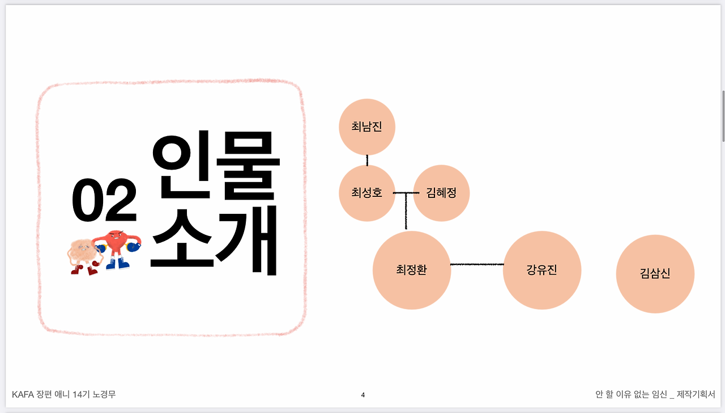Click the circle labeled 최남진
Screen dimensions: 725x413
coord(366,127)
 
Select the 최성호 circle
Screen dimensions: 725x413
coord(366,193)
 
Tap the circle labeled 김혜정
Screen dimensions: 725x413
coord(441,193)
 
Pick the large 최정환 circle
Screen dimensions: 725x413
coord(412,270)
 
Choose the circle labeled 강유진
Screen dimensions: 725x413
coord(542,270)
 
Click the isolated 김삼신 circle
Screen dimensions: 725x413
coord(655,274)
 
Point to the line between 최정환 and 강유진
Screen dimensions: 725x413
coord(477,264)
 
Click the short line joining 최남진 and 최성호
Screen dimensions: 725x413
coord(367,160)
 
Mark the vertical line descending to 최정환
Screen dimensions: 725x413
coord(406,213)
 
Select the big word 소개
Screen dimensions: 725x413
coord(215,241)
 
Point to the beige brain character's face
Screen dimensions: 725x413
coord(82,250)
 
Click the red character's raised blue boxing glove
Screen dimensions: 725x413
coord(134,246)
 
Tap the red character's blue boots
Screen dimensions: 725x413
coord(117,264)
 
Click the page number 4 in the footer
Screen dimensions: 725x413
coord(363,395)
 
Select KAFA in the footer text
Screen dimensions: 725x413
coord(23,394)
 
